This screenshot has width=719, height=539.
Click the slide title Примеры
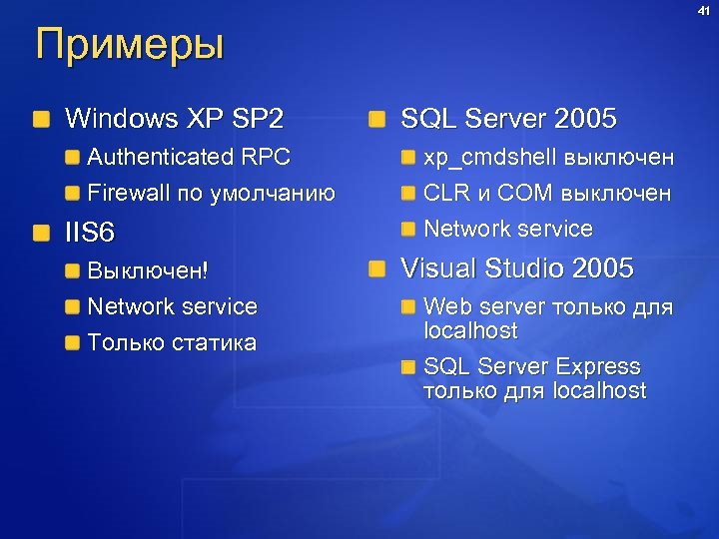pyautogui.click(x=130, y=46)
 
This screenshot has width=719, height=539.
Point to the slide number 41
pyautogui.click(x=704, y=11)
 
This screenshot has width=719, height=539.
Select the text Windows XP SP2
pyautogui.click(x=174, y=120)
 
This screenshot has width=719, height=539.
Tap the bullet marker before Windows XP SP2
pyautogui.click(x=41, y=121)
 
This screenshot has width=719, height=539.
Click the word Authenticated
pyautogui.click(x=160, y=157)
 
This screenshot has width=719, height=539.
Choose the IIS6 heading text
pyautogui.click(x=90, y=234)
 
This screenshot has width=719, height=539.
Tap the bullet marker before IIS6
pyautogui.click(x=41, y=234)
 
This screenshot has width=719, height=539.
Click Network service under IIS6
pyautogui.click(x=173, y=306)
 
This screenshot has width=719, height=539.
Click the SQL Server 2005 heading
pyautogui.click(x=508, y=120)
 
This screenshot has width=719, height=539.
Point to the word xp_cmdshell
pyautogui.click(x=489, y=157)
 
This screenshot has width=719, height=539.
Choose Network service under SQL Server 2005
pyautogui.click(x=508, y=229)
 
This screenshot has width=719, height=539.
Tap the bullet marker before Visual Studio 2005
pyautogui.click(x=376, y=269)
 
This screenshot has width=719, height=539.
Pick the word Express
pyautogui.click(x=598, y=366)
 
